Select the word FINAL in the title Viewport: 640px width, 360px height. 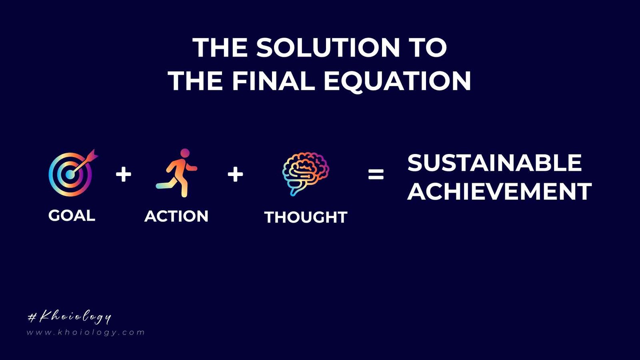click(273, 81)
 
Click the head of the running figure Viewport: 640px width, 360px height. click(185, 153)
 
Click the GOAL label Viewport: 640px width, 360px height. click(72, 216)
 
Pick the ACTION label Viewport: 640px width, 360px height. click(176, 216)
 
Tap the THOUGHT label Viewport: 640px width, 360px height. click(306, 217)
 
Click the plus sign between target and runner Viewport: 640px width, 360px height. click(124, 174)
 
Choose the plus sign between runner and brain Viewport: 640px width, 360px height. click(235, 174)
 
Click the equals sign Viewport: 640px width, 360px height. click(376, 174)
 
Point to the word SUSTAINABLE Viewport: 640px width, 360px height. click(494, 163)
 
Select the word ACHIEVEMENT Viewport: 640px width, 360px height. click(499, 192)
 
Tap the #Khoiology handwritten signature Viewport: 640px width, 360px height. click(70, 317)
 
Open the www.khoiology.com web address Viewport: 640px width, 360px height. click(86, 332)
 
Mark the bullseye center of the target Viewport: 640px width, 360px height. click(70, 175)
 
